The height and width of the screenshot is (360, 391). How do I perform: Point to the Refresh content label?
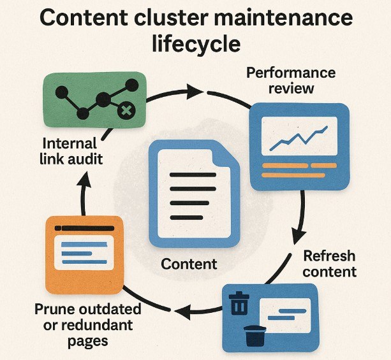point(329,264)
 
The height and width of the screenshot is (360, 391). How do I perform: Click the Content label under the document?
point(189,264)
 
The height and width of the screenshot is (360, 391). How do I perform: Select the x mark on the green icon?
point(126,112)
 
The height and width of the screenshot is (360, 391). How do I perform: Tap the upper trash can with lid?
point(239,303)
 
